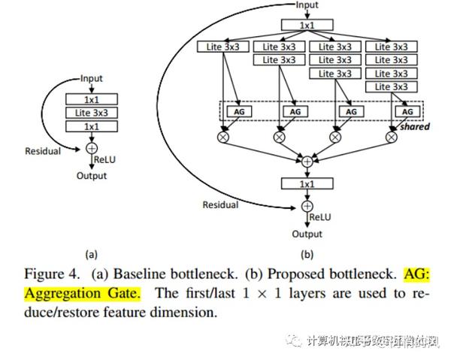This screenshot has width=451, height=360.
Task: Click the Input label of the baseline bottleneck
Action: click(x=92, y=78)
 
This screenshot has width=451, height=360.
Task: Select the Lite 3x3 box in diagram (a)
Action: click(x=92, y=112)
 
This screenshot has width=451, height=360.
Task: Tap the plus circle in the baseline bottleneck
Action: click(x=92, y=148)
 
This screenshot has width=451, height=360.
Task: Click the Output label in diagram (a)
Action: click(x=92, y=176)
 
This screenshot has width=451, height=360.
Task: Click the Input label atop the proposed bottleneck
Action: click(x=306, y=5)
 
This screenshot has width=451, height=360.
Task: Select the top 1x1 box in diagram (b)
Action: click(x=306, y=25)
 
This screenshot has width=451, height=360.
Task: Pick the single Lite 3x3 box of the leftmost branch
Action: click(x=224, y=47)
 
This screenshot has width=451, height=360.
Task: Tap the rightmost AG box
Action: click(x=407, y=111)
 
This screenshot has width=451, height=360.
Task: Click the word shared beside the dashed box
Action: click(x=414, y=126)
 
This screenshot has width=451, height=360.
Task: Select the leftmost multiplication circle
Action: click(x=223, y=137)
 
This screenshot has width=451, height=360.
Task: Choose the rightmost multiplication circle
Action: click(x=391, y=137)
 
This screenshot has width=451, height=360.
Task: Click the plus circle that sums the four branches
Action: click(x=307, y=161)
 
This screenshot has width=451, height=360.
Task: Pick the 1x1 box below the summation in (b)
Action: click(x=307, y=183)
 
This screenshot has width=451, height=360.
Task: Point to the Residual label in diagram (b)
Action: click(x=221, y=204)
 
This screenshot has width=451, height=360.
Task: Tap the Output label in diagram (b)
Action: click(x=307, y=234)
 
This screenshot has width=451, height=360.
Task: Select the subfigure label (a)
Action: click(x=92, y=253)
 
